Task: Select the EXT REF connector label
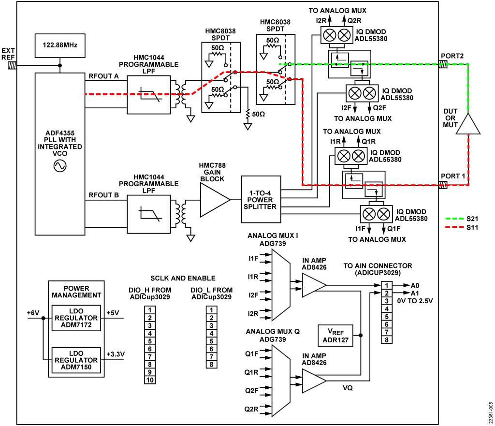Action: [x=8, y=54]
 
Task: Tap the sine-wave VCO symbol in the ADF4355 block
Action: [x=60, y=166]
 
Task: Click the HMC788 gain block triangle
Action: [x=213, y=200]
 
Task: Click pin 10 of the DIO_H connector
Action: [x=150, y=380]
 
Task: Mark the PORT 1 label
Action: [x=452, y=176]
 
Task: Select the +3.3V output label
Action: [x=116, y=354]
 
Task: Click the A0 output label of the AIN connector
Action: [x=415, y=285]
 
